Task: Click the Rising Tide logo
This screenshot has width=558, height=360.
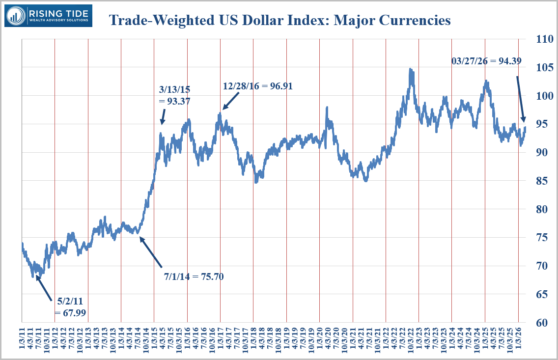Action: pos(48,16)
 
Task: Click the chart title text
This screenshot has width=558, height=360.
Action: pos(279,20)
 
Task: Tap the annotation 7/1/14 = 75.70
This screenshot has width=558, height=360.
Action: pos(194,277)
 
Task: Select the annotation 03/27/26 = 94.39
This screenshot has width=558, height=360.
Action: pos(486,61)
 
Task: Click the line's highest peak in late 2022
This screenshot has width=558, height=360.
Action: pos(410,70)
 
